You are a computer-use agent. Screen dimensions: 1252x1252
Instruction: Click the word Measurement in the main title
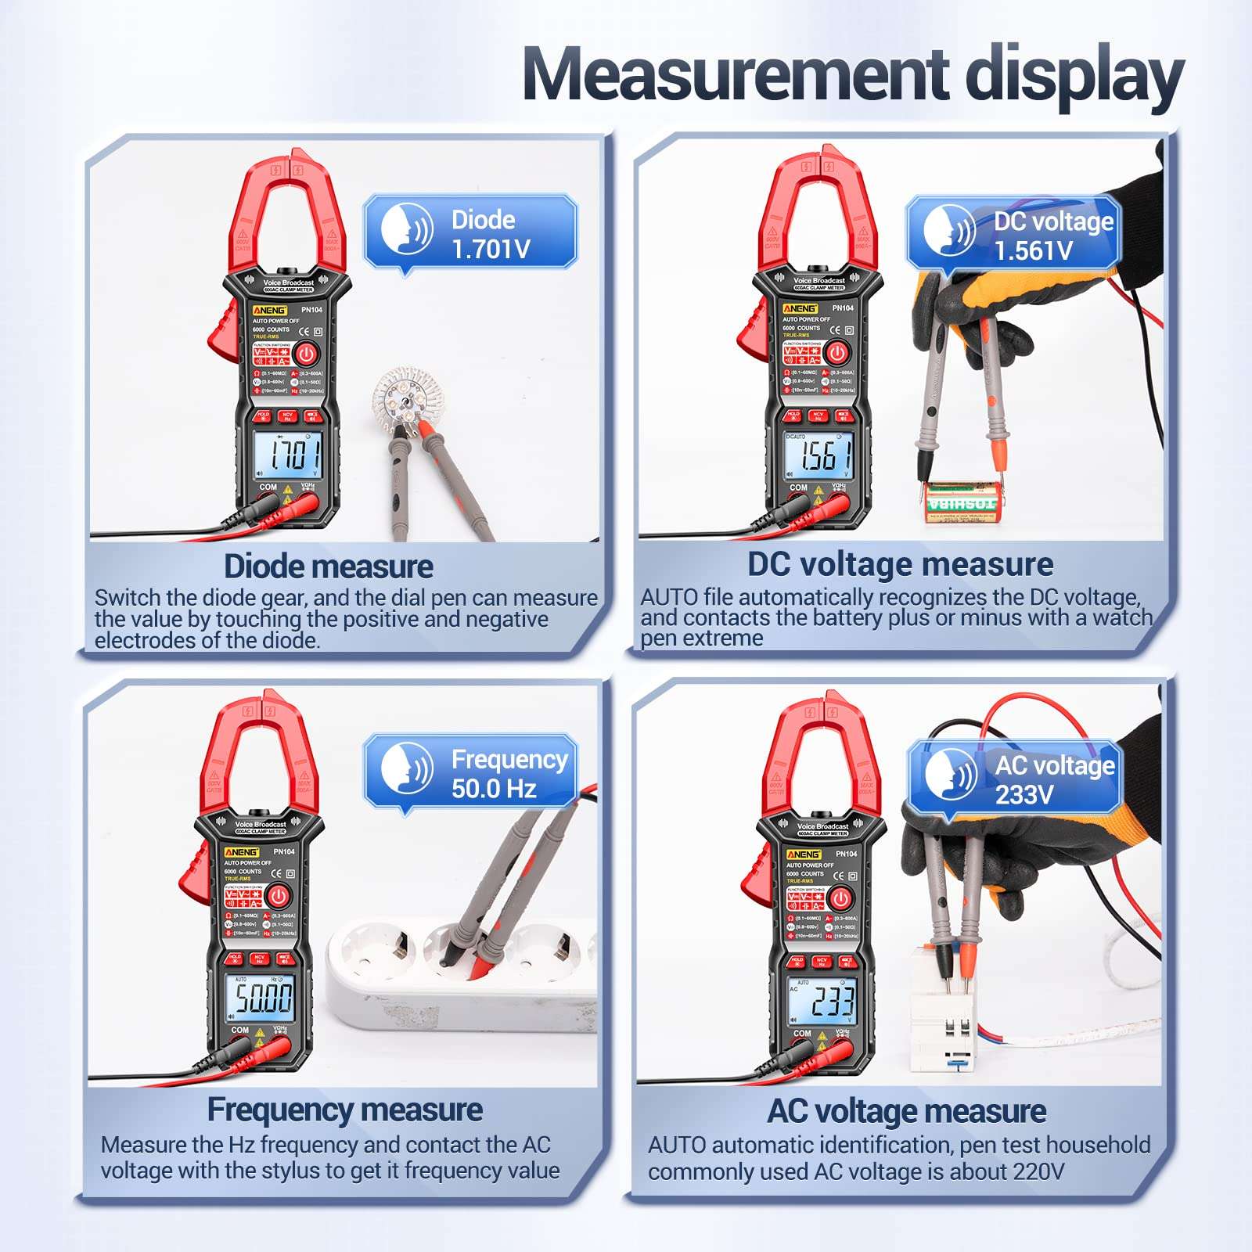(x=736, y=74)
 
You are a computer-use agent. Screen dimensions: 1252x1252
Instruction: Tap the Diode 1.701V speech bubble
(x=470, y=232)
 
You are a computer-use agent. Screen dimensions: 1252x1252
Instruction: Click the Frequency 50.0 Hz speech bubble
(x=470, y=773)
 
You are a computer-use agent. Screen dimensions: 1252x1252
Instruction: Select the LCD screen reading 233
(x=822, y=1001)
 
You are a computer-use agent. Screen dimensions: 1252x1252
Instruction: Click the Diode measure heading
(x=328, y=566)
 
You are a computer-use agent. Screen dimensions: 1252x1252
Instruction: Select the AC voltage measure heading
(x=906, y=1110)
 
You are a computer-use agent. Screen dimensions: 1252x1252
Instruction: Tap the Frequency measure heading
(x=344, y=1110)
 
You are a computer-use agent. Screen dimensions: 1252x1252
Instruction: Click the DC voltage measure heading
(x=900, y=564)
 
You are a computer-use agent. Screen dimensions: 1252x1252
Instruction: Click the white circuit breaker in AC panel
(x=943, y=1009)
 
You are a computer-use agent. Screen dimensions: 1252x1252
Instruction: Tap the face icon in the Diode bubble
(x=405, y=228)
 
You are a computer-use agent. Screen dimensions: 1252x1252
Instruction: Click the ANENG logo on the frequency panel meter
(x=241, y=852)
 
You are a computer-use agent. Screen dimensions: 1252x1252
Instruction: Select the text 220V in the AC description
(x=1038, y=1171)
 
